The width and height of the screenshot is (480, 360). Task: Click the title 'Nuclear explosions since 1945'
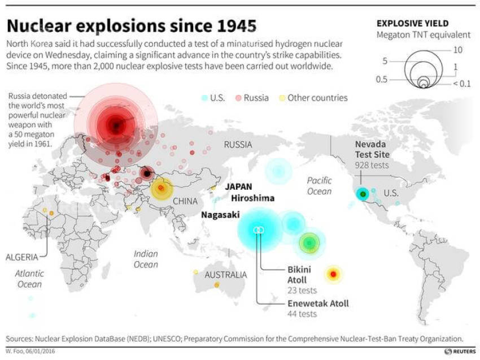click(x=132, y=26)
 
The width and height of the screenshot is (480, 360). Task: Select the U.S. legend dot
click(x=204, y=98)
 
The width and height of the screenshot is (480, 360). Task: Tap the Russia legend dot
click(x=238, y=98)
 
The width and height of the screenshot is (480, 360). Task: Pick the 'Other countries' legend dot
click(x=282, y=98)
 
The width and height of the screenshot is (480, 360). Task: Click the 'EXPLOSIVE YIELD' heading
click(x=412, y=23)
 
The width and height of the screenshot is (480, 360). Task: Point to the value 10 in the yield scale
click(x=457, y=50)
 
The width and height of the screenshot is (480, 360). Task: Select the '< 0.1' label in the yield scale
click(x=461, y=84)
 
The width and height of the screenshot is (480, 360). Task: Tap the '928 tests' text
click(x=372, y=165)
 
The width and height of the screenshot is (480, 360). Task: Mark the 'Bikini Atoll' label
click(x=297, y=275)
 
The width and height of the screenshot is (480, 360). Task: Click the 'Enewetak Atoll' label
click(x=318, y=303)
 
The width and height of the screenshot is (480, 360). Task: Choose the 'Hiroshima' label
click(x=252, y=198)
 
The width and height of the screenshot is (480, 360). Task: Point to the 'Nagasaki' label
click(x=220, y=215)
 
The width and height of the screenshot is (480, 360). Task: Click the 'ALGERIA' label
click(x=22, y=257)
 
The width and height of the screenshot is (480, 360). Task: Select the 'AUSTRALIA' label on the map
click(x=225, y=275)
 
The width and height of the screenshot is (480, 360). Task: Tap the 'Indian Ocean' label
click(x=146, y=259)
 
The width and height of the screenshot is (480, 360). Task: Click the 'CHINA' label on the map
click(x=185, y=201)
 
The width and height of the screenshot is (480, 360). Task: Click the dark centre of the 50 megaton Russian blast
click(x=116, y=125)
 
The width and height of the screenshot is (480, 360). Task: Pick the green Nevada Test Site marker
click(x=363, y=194)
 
